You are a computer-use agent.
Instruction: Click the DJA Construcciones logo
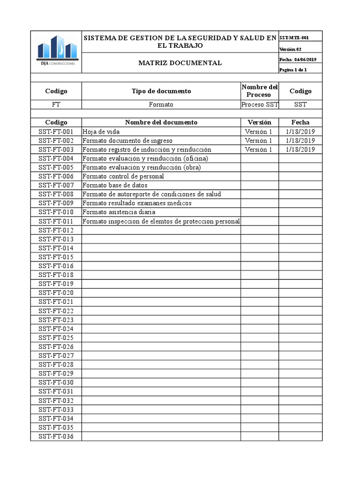(x=56, y=52)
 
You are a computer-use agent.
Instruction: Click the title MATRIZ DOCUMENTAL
(x=180, y=63)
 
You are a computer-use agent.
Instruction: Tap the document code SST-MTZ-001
(x=294, y=37)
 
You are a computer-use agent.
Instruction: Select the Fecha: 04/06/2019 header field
(x=298, y=60)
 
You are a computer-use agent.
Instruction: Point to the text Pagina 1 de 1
(x=293, y=70)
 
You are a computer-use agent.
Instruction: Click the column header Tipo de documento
(x=161, y=91)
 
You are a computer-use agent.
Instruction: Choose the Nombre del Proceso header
(x=259, y=91)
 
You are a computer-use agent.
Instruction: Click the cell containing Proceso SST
(x=259, y=105)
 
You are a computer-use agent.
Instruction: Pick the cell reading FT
(x=56, y=105)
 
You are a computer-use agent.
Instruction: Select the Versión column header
(x=259, y=122)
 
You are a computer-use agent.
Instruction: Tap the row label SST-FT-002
(x=56, y=141)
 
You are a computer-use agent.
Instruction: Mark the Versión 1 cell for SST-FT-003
(x=258, y=150)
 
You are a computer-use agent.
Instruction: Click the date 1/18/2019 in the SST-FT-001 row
(x=300, y=132)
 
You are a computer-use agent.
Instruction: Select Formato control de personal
(x=123, y=176)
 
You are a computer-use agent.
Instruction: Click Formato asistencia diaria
(x=119, y=212)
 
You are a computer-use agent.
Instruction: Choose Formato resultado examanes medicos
(x=137, y=203)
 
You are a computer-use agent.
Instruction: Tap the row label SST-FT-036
(x=56, y=436)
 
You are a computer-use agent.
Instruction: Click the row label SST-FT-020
(x=56, y=292)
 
